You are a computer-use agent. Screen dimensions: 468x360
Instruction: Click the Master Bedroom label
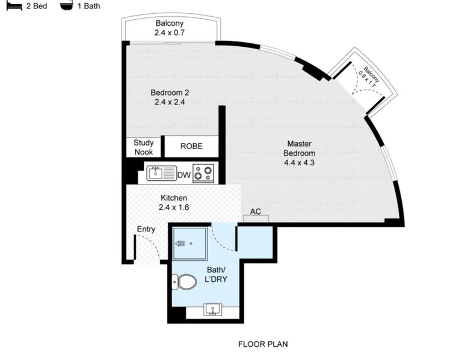[x=299, y=153]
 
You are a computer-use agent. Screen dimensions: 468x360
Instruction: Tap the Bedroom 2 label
[x=170, y=97]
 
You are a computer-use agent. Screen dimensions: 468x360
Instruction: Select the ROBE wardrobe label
[x=191, y=146]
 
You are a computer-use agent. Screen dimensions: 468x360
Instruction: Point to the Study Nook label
[x=144, y=147]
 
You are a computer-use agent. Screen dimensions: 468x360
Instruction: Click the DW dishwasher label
[x=184, y=175]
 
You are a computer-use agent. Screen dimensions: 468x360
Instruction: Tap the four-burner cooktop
[x=203, y=173]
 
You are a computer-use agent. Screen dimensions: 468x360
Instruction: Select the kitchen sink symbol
[x=161, y=173]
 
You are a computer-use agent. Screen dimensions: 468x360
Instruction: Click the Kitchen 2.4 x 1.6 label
[x=174, y=203]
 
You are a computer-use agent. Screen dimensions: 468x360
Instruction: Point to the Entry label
[x=146, y=229]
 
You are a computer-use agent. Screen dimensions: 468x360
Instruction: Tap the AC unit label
[x=256, y=212]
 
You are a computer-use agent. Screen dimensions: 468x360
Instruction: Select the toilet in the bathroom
[x=184, y=281]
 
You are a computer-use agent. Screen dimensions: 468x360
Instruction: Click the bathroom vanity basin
[x=213, y=310]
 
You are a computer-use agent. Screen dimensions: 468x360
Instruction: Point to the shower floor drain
[x=191, y=243]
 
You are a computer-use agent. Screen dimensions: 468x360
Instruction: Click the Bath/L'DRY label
[x=216, y=275]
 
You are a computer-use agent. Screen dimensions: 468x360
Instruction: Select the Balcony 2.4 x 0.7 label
[x=169, y=28]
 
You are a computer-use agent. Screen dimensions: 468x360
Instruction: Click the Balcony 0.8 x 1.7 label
[x=369, y=77]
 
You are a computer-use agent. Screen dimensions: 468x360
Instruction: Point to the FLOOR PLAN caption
[x=263, y=344]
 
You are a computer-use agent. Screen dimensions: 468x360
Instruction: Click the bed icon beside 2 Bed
[x=14, y=6]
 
